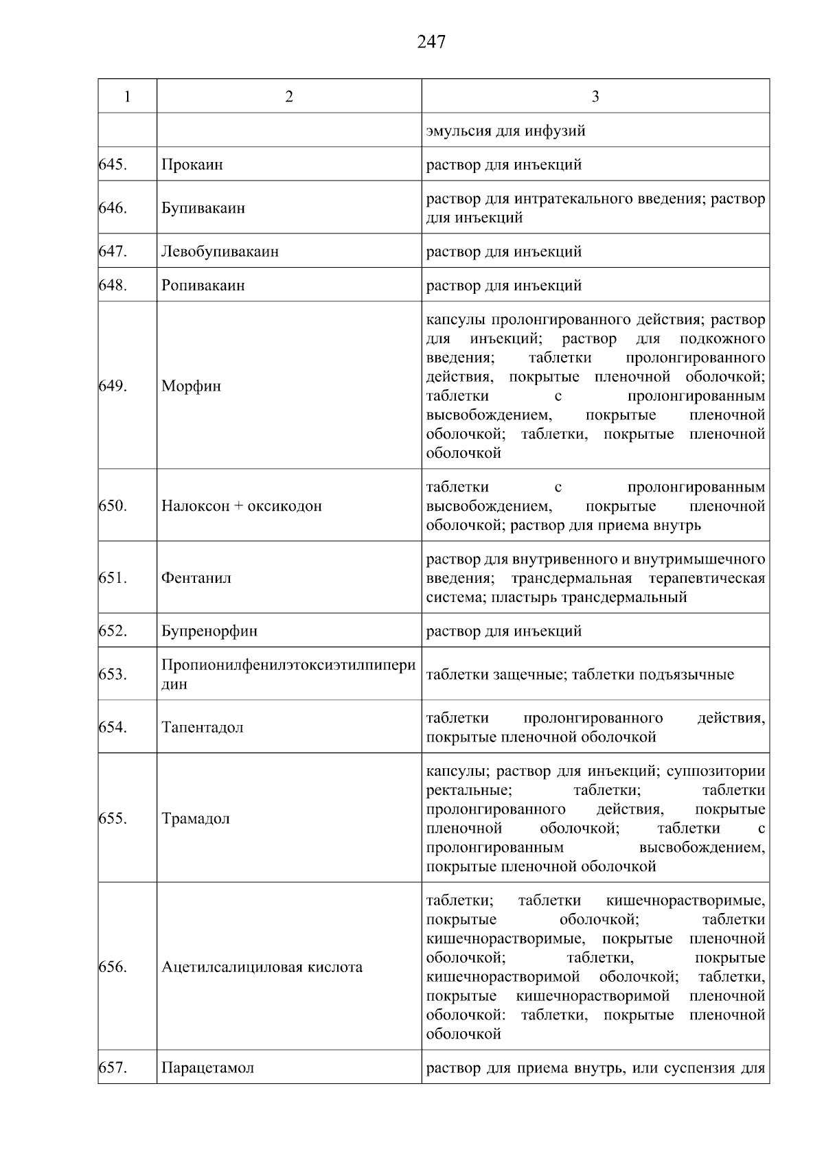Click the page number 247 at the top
point(431,43)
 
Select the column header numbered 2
point(289,97)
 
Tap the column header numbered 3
point(595,97)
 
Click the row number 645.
point(113,165)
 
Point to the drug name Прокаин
point(192,165)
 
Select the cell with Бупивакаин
point(203,208)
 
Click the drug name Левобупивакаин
point(220,251)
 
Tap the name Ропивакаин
point(203,285)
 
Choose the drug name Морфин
point(192,386)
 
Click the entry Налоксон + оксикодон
point(242,506)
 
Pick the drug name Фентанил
point(196,578)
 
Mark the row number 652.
point(113,630)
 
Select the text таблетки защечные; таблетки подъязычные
point(580,675)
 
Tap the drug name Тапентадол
point(203,728)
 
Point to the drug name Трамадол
point(196,819)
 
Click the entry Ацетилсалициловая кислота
point(262,967)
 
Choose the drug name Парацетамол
point(208,1068)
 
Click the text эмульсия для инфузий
point(506,130)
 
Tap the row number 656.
point(113,967)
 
